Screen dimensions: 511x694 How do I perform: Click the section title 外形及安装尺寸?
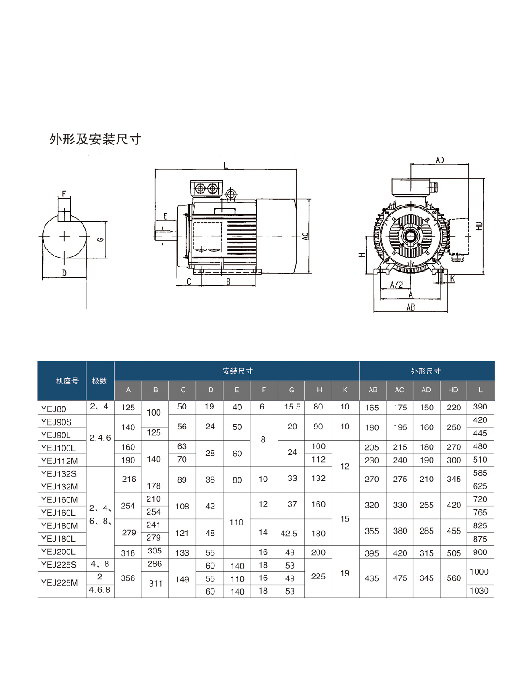pyautogui.click(x=96, y=140)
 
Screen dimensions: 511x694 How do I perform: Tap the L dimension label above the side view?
pyautogui.click(x=226, y=165)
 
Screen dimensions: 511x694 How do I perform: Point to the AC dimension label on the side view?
pyautogui.click(x=305, y=236)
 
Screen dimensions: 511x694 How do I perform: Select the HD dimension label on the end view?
pyautogui.click(x=479, y=226)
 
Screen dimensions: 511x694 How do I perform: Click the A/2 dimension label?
pyautogui.click(x=396, y=285)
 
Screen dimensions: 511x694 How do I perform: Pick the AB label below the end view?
pyautogui.click(x=411, y=307)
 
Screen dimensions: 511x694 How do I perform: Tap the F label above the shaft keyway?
pyautogui.click(x=64, y=194)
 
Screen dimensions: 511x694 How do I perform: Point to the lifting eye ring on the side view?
pyautogui.click(x=230, y=194)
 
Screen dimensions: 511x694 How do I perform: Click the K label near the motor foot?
pyautogui.click(x=452, y=279)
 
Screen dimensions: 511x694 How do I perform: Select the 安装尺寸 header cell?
pyautogui.click(x=238, y=371)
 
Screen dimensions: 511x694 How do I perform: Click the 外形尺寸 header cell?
pyautogui.click(x=426, y=371)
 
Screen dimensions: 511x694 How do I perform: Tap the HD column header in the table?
pyautogui.click(x=453, y=390)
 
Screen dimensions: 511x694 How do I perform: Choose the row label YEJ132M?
pyautogui.click(x=60, y=487)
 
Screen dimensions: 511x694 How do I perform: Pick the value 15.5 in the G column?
pyautogui.click(x=292, y=407)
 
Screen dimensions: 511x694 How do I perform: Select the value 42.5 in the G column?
pyautogui.click(x=289, y=534)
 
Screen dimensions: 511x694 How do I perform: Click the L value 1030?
pyautogui.click(x=479, y=590)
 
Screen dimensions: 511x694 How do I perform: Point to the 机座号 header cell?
pyautogui.click(x=67, y=381)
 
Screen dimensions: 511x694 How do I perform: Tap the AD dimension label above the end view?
pyautogui.click(x=440, y=160)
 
